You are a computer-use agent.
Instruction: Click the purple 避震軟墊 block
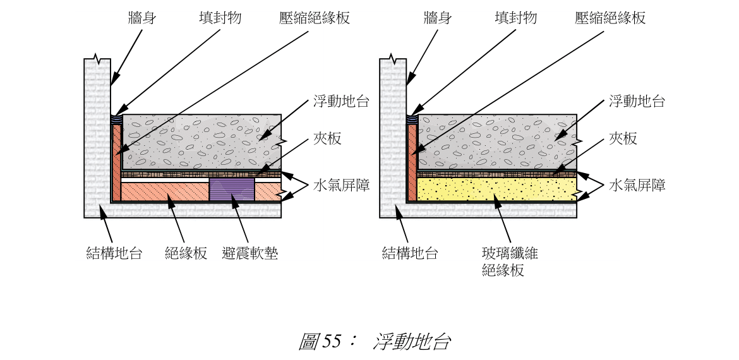click(x=232, y=189)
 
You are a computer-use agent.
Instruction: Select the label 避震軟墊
click(x=250, y=254)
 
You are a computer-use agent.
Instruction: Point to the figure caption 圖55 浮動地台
click(x=375, y=342)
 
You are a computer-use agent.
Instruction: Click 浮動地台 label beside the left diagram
click(x=341, y=102)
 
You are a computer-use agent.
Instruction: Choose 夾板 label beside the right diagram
click(x=623, y=139)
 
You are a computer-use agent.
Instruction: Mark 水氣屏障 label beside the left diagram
click(x=341, y=185)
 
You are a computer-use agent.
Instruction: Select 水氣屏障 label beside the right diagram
click(x=637, y=185)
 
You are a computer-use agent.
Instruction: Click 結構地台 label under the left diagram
click(x=114, y=254)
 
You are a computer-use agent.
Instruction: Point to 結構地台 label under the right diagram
click(x=410, y=254)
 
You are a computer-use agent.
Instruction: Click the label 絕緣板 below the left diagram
click(x=186, y=254)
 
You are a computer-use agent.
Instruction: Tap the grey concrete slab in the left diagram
click(x=201, y=142)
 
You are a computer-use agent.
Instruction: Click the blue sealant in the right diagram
click(x=412, y=118)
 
